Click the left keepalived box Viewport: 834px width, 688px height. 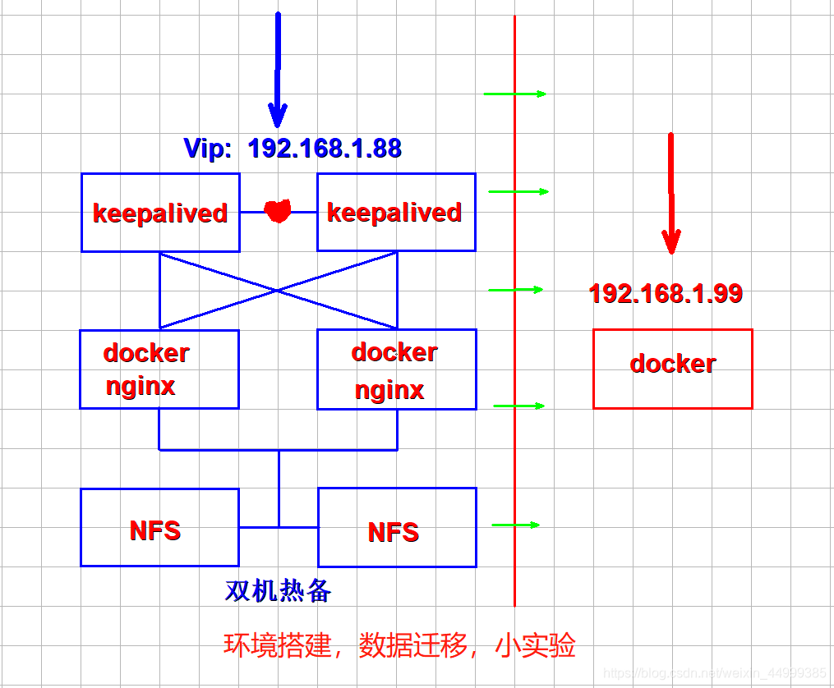pyautogui.click(x=160, y=213)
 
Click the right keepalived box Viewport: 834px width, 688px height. pyautogui.click(x=395, y=212)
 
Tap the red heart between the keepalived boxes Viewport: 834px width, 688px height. pyautogui.click(x=278, y=211)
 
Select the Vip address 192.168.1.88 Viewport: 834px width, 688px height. pyautogui.click(x=325, y=148)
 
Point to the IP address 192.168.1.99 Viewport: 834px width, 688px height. pyautogui.click(x=666, y=293)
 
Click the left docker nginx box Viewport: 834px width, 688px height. pyautogui.click(x=159, y=369)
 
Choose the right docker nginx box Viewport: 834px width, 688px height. pyautogui.click(x=396, y=369)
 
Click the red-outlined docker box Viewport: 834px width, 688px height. pyautogui.click(x=672, y=369)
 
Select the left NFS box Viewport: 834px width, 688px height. pyautogui.click(x=159, y=527)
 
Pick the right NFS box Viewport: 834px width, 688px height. pyautogui.click(x=397, y=528)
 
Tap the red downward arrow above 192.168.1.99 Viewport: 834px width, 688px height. pyautogui.click(x=671, y=193)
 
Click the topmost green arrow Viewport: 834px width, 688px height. pyautogui.click(x=514, y=94)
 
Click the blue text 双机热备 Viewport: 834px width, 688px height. pyautogui.click(x=278, y=591)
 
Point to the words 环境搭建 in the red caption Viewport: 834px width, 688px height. pyautogui.click(x=275, y=646)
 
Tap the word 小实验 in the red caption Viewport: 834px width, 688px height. pyautogui.click(x=535, y=646)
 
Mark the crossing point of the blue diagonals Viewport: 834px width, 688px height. pyautogui.click(x=278, y=290)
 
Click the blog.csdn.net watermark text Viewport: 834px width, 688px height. pyautogui.click(x=715, y=673)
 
